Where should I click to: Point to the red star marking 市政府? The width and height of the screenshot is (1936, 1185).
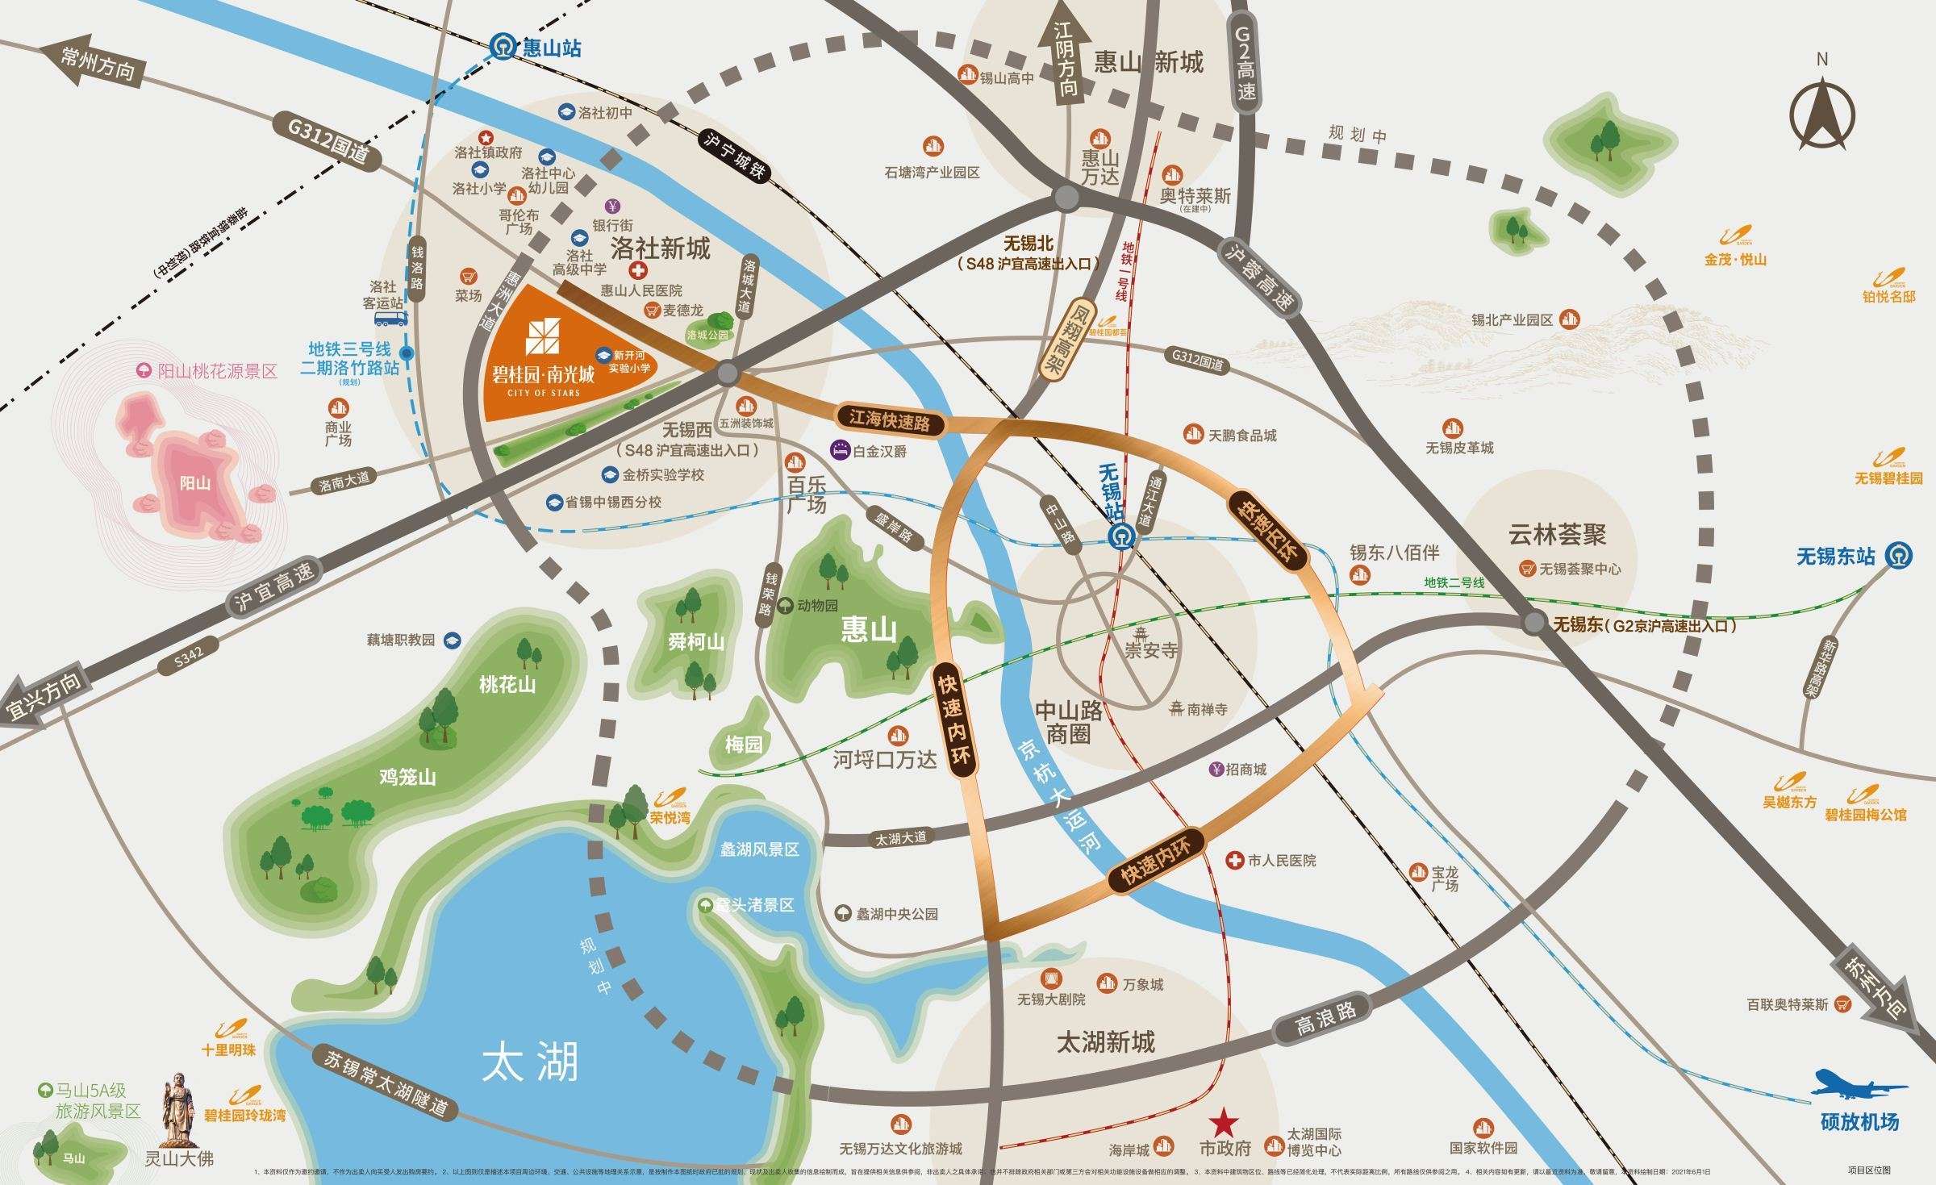tap(1224, 1121)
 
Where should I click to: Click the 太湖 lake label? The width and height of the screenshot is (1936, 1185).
tap(530, 1063)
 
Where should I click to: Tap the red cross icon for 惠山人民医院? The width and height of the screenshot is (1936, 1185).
tap(638, 271)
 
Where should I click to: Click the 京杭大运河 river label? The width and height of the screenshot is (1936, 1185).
tap(1057, 795)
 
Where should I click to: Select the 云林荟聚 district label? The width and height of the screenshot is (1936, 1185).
tap(1557, 534)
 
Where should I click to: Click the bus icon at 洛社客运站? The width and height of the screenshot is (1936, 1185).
tap(390, 318)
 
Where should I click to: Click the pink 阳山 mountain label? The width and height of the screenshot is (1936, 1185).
tap(195, 483)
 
